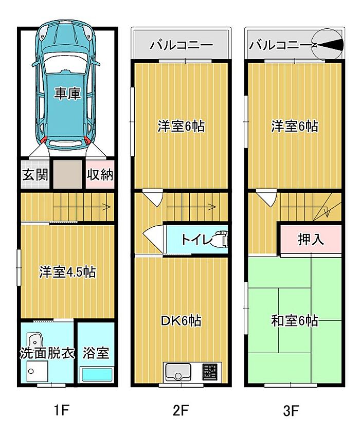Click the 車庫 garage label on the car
67,94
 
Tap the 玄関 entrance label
35,175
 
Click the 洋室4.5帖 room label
67,272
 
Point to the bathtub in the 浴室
97,374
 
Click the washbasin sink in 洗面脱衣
35,340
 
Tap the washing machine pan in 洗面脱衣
37,371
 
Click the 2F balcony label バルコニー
182,45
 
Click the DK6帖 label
181,321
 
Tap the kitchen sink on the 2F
178,372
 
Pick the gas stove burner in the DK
209,372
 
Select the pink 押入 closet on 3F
311,239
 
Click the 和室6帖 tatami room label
294,321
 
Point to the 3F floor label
291,410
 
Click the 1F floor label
61,410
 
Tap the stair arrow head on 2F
213,207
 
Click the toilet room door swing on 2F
153,239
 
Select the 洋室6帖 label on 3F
294,126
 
